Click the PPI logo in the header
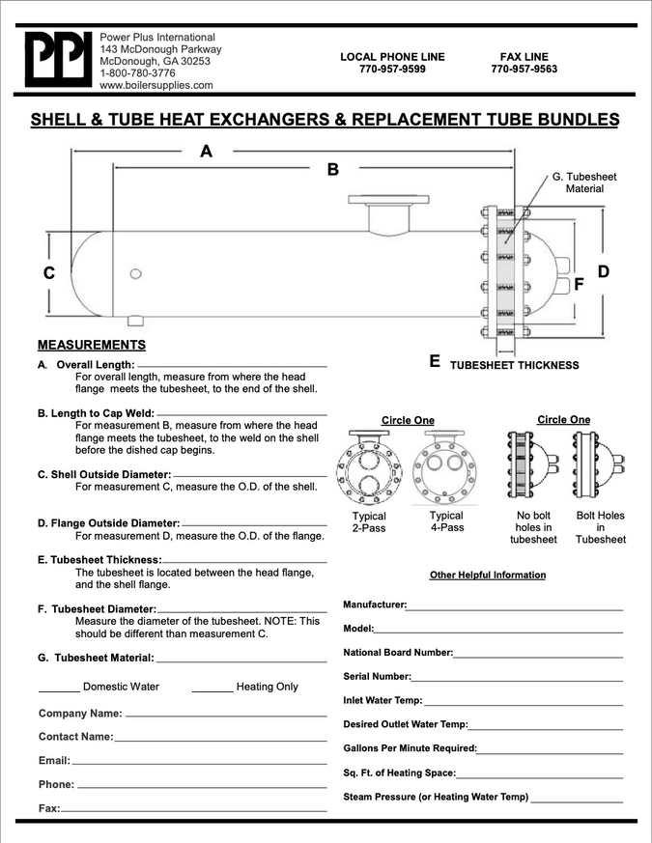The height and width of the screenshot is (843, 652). [x=56, y=60]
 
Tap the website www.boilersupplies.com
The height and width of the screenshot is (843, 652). [x=156, y=85]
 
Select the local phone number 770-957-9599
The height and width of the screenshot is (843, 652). [x=392, y=70]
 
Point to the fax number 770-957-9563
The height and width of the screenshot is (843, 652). [x=524, y=70]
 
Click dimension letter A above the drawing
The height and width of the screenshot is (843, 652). [x=206, y=151]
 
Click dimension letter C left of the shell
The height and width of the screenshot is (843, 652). [x=49, y=273]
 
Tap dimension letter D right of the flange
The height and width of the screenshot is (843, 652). [x=604, y=271]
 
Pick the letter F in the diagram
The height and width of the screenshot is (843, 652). [x=579, y=285]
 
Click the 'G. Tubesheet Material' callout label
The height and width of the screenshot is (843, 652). [x=583, y=183]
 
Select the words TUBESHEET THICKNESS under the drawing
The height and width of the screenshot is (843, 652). [x=515, y=366]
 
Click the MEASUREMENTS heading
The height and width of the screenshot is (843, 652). [x=92, y=345]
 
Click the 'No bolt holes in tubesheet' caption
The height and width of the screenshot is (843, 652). [x=533, y=527]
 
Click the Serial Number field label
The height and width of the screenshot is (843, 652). [x=378, y=677]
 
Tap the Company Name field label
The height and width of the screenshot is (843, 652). [x=80, y=714]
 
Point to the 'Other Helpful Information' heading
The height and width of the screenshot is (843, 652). [x=488, y=576]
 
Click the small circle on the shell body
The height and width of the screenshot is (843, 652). [x=136, y=274]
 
